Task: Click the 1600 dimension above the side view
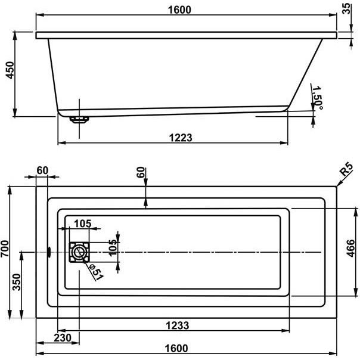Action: coord(179,10)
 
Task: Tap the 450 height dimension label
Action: coord(10,70)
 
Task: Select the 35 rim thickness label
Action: coord(346,8)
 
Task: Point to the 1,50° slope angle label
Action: coord(318,98)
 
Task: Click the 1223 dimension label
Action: coord(181,138)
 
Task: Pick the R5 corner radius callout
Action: coord(346,169)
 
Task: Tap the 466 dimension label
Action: coord(350,248)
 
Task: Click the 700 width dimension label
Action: coord(5,249)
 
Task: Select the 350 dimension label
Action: coord(17,282)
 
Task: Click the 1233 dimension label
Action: coord(178,325)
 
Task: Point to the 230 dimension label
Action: coord(63,338)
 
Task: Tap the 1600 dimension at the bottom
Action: coord(176,348)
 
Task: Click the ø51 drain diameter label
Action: coord(96,272)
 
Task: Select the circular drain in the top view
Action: coord(79,252)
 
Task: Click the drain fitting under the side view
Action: coord(79,120)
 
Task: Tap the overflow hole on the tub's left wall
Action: coord(49,252)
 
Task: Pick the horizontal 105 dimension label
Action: coord(83,224)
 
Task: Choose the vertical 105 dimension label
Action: coord(113,248)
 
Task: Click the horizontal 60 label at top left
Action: coord(42,170)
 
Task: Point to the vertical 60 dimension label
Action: coord(141,172)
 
